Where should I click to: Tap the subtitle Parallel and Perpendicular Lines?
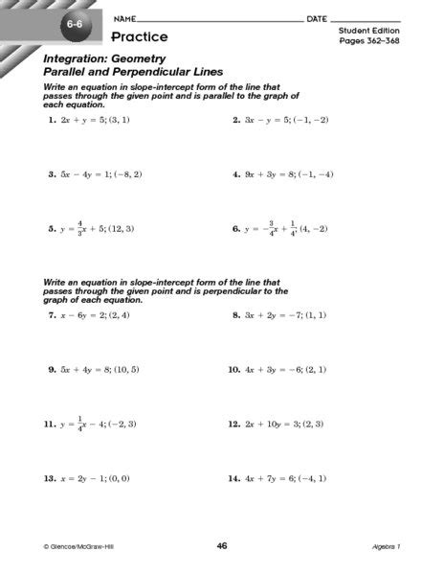pos(133,71)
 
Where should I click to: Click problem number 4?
pos(235,175)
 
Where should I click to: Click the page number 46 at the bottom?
pos(221,546)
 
